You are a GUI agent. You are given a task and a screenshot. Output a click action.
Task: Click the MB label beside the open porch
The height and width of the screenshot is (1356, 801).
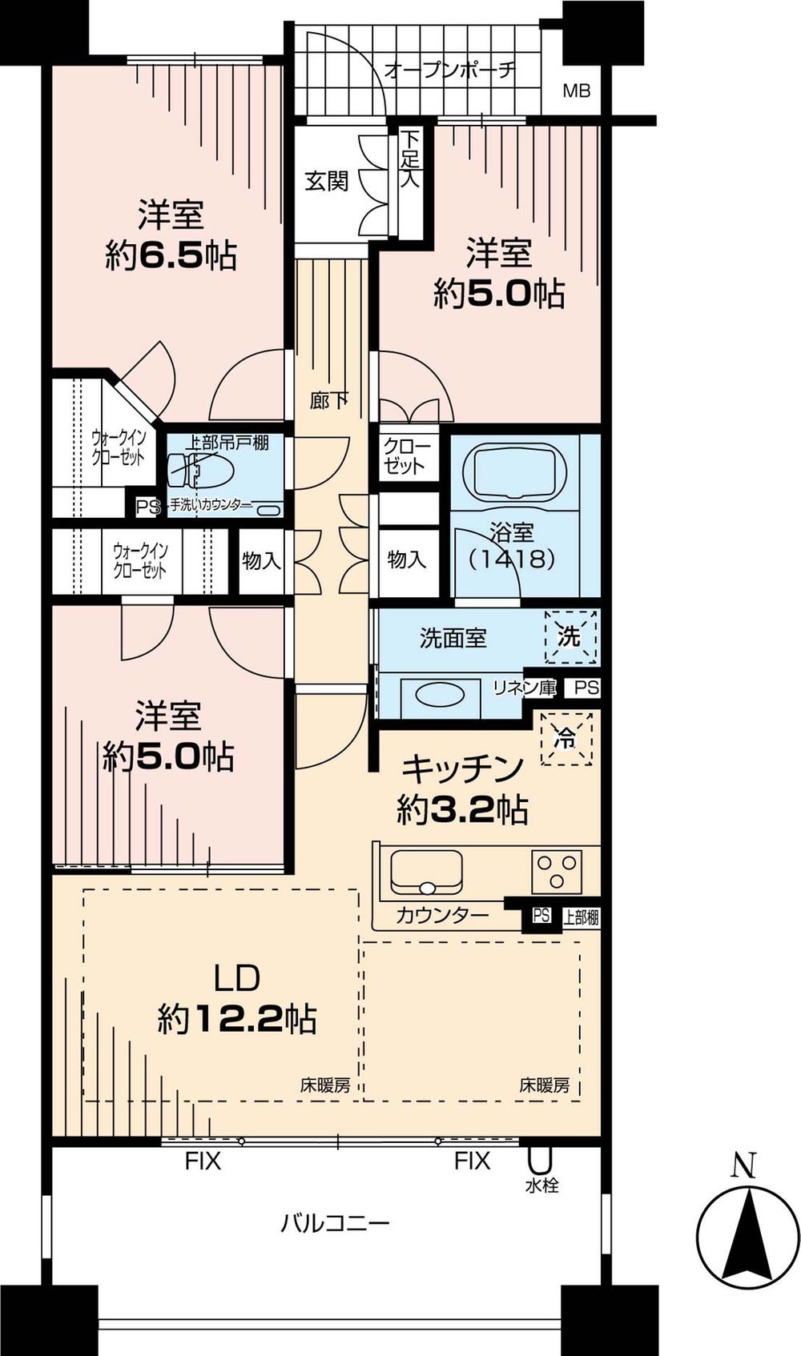(x=576, y=90)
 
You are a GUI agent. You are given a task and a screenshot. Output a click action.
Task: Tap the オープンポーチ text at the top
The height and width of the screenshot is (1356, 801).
(x=449, y=70)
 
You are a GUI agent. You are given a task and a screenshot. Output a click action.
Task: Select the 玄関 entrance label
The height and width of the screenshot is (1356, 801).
(x=327, y=182)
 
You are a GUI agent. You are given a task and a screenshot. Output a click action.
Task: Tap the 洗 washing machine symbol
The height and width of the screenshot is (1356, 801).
(x=570, y=637)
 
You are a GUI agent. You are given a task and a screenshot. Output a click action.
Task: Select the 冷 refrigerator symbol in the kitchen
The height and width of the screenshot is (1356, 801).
(x=566, y=739)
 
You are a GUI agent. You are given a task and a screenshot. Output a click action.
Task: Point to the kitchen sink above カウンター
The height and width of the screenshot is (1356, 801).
(x=426, y=872)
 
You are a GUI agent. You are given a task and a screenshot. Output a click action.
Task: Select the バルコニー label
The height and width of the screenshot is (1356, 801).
(x=335, y=1224)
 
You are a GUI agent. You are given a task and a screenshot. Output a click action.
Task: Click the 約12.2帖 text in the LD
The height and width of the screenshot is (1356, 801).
(x=236, y=1020)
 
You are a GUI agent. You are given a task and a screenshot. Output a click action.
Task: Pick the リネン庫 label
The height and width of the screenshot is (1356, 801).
(x=524, y=688)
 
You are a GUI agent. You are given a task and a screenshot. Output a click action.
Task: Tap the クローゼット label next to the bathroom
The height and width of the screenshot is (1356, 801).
(x=408, y=456)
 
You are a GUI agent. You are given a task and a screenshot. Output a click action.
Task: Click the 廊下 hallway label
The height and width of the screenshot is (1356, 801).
(x=329, y=399)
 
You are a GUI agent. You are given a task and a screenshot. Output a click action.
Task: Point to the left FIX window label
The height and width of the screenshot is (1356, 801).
(x=203, y=1161)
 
